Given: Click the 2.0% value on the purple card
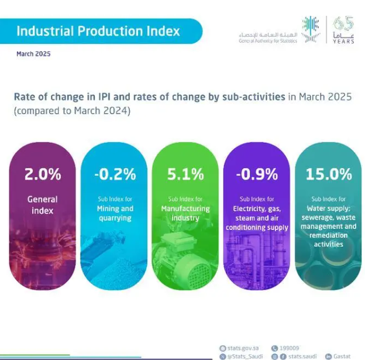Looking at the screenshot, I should tap(42, 174).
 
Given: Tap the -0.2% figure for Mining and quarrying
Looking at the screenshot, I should tap(115, 174).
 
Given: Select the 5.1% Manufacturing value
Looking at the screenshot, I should tap(186, 174).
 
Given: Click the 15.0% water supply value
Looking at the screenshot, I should tap(329, 174).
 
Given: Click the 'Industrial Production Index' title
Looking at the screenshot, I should tap(98, 30).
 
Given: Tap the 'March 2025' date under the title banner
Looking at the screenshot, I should tap(33, 54).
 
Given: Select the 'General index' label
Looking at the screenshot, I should tap(42, 204).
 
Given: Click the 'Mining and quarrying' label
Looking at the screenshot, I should tap(115, 213).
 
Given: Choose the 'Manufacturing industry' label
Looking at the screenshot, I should tap(186, 213).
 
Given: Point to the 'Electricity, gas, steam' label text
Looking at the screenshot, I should tap(257, 213).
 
